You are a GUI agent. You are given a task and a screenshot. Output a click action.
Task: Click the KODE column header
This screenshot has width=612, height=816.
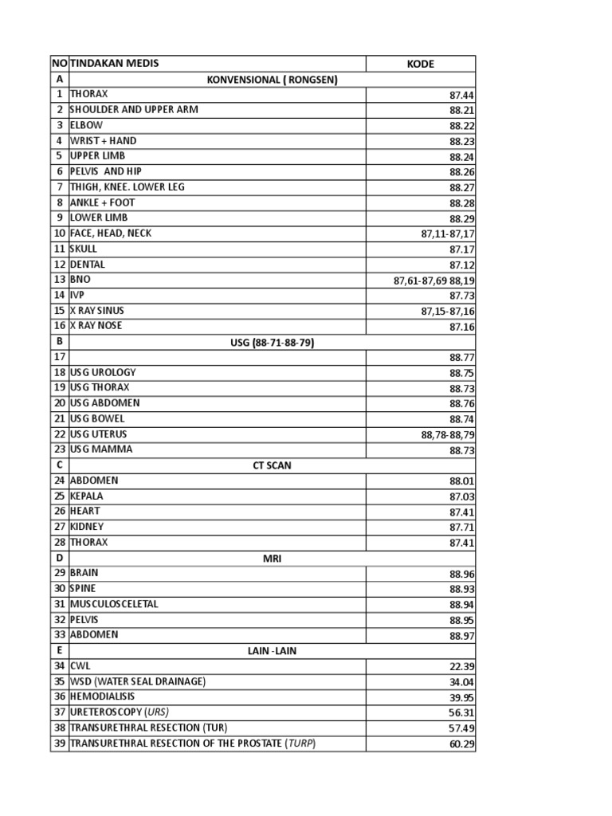pyautogui.click(x=420, y=64)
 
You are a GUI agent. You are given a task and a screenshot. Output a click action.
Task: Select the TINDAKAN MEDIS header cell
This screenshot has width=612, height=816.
pyautogui.click(x=115, y=64)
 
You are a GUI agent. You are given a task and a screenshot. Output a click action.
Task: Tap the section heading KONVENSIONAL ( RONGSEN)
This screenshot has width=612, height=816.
pyautogui.click(x=272, y=79)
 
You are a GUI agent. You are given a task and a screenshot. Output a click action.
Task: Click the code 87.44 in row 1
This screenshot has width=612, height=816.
pyautogui.click(x=461, y=95)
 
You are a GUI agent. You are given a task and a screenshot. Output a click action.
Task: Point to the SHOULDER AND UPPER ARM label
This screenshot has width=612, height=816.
pyautogui.click(x=134, y=110)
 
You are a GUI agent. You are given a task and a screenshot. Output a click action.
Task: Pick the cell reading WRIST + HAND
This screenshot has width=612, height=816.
pyautogui.click(x=104, y=141)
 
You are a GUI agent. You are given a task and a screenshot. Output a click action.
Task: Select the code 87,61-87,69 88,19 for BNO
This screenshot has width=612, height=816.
pyautogui.click(x=433, y=280)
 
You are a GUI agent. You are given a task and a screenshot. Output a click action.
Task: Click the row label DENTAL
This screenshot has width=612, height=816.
pyautogui.click(x=88, y=265)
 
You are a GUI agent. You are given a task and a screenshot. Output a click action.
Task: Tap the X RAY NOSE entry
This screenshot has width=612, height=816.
pyautogui.click(x=96, y=326)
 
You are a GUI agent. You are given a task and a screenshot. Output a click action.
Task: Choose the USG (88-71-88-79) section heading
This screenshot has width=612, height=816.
pyautogui.click(x=272, y=342)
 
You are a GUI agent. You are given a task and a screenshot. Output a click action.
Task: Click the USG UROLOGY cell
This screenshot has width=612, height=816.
pyautogui.click(x=103, y=372)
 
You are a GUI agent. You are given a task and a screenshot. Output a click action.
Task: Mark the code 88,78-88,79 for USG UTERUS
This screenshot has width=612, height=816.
pyautogui.click(x=447, y=435)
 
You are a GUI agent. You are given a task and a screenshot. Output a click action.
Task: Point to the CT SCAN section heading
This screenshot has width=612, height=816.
pyautogui.click(x=272, y=465)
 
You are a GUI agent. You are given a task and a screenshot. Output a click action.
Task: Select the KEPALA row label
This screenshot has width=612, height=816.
pyautogui.click(x=87, y=496)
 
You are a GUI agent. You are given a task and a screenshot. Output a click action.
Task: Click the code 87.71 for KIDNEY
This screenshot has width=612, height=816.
pyautogui.click(x=461, y=528)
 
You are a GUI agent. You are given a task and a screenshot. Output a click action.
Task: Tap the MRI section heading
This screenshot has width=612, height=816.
pyautogui.click(x=272, y=559)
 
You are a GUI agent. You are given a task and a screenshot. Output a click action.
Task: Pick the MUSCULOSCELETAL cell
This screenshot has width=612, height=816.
pyautogui.click(x=114, y=604)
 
